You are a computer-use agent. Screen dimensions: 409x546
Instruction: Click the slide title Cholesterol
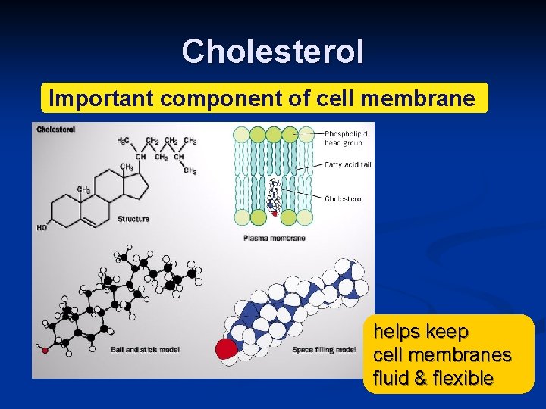point(273,52)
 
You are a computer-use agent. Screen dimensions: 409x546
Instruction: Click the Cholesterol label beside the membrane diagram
point(344,198)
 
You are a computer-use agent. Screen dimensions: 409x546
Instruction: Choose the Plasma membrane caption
point(275,238)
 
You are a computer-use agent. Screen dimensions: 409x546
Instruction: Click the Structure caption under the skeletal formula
point(133,219)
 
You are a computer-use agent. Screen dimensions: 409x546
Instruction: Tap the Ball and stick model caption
point(145,349)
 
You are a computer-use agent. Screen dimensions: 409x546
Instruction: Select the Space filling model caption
point(325,349)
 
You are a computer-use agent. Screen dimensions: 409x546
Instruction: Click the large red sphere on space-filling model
point(227,349)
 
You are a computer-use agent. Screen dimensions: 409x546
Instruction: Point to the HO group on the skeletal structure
point(41,227)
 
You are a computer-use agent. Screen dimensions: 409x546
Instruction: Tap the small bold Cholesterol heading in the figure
point(56,130)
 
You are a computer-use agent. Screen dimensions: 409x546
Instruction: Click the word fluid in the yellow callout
point(392,378)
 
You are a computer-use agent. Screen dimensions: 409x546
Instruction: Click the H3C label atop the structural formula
point(123,141)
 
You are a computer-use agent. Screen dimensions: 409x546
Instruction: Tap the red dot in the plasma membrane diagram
point(274,214)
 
